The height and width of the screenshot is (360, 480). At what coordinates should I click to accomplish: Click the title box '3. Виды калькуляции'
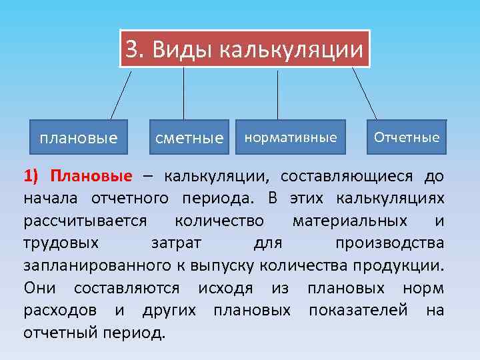(x=245, y=48)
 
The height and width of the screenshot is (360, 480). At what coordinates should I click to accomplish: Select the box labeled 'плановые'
(x=78, y=139)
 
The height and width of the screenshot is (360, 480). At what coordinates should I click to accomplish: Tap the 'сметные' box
(x=189, y=139)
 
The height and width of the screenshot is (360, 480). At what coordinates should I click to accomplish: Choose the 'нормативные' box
(x=291, y=138)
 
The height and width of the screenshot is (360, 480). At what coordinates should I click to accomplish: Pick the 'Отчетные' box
(x=407, y=138)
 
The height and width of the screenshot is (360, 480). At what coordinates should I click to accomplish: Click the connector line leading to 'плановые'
(x=121, y=94)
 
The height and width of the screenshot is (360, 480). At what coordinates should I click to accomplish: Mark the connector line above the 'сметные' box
(x=184, y=94)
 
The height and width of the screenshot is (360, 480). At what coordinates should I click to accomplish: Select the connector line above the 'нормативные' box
(x=278, y=94)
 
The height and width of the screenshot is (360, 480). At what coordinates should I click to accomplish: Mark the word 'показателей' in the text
(x=353, y=310)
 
